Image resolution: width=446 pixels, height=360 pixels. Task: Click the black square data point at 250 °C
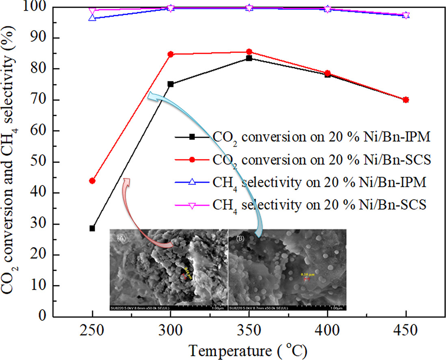tap(92, 228)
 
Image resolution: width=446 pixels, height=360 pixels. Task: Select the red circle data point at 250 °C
tap(92, 181)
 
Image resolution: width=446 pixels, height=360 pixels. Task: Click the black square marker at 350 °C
tap(249, 58)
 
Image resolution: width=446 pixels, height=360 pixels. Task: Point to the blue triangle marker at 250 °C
tap(92, 18)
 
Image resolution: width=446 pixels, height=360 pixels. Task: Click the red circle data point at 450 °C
tap(406, 100)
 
